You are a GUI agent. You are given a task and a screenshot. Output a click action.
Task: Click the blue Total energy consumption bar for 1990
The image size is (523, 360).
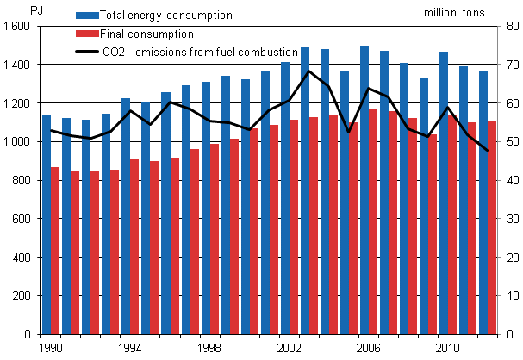[x=47, y=224]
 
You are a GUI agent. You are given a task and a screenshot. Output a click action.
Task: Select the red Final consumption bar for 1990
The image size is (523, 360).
[x=56, y=251]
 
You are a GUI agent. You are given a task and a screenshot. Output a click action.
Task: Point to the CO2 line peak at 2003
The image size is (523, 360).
[x=308, y=71]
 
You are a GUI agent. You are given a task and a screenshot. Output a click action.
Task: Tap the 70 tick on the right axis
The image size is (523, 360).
[x=510, y=65]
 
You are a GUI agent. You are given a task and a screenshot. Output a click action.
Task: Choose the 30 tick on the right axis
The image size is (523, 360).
[x=510, y=220]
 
